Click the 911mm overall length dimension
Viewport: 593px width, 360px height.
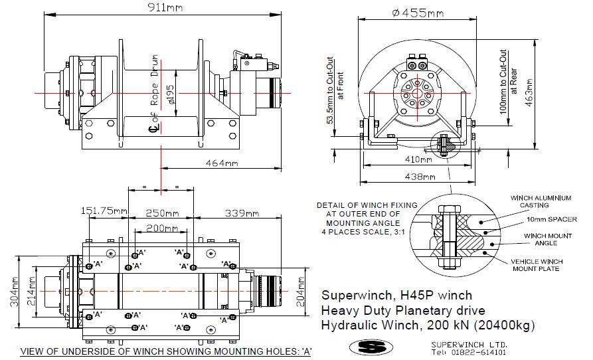[x=165, y=7]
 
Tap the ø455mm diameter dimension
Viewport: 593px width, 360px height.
[x=418, y=13]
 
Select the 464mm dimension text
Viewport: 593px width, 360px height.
[x=222, y=163]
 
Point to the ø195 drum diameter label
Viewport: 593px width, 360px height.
[x=170, y=94]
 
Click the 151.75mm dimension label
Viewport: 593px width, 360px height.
[x=104, y=211]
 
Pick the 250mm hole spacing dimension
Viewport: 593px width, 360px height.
[x=162, y=213]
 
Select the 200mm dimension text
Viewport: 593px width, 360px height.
[x=157, y=228]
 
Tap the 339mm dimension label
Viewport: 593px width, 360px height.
[x=242, y=213]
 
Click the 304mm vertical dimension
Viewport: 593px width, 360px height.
[x=14, y=292]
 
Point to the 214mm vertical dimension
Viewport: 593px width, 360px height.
[x=31, y=291]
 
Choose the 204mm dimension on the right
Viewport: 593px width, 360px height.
[x=301, y=292]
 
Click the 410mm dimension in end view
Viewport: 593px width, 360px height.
[x=418, y=159]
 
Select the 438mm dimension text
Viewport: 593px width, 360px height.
[x=420, y=177]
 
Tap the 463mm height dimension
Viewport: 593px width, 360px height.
[x=529, y=92]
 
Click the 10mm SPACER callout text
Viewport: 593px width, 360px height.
[x=552, y=219]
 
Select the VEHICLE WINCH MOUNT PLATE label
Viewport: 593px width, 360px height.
[x=537, y=265]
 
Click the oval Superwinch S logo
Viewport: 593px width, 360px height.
[x=371, y=347]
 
